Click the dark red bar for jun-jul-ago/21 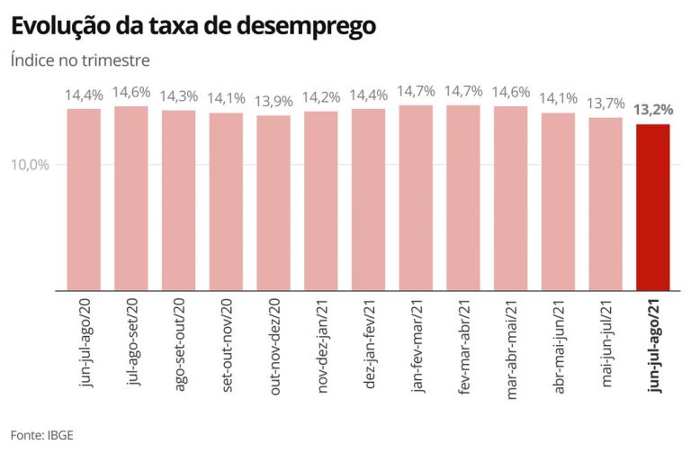click(x=652, y=207)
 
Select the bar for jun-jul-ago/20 click(x=84, y=199)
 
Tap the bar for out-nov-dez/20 click(x=274, y=203)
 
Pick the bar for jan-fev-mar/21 click(x=416, y=197)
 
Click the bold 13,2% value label click(x=652, y=111)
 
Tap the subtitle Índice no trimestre click(x=80, y=60)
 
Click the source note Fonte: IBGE click(x=43, y=434)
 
